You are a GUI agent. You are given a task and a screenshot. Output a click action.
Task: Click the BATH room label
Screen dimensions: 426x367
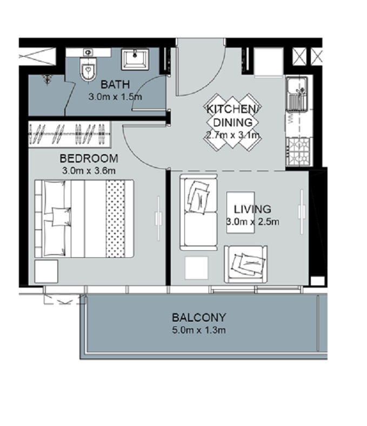[115, 84]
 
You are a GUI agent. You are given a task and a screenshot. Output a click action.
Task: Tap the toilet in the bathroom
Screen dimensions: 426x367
[87, 69]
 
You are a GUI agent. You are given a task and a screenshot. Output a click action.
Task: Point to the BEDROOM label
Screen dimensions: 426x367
[89, 159]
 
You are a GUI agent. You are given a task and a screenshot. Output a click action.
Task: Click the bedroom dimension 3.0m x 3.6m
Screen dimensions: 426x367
[89, 171]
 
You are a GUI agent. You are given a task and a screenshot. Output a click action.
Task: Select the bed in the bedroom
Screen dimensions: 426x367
[84, 218]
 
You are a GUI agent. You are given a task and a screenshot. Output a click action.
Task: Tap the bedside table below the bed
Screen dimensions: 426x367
[46, 271]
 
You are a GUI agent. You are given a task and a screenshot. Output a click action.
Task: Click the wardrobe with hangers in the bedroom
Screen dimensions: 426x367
[69, 133]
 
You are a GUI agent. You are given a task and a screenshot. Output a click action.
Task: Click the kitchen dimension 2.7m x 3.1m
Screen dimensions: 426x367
[233, 135]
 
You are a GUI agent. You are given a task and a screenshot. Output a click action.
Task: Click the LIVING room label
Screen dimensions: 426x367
[252, 209]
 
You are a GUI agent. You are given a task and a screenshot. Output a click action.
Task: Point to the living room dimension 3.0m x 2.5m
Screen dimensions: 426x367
[252, 222]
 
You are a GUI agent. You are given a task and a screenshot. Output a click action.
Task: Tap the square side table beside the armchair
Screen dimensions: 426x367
[196, 268]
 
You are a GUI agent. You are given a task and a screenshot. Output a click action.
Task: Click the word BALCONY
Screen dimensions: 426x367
[199, 318]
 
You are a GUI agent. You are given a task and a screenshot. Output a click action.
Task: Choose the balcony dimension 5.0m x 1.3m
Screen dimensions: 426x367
[199, 330]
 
